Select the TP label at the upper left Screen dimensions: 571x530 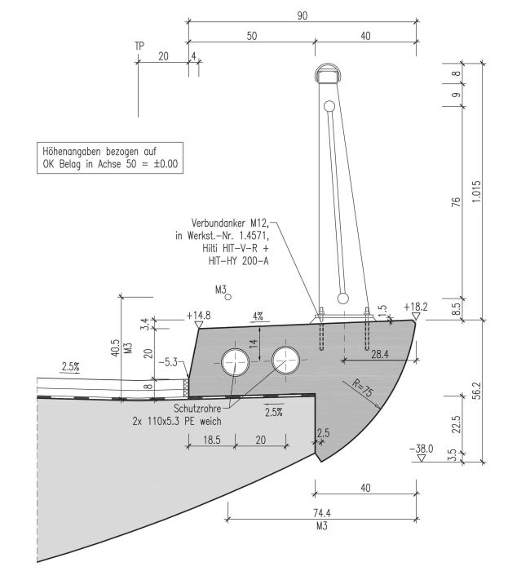pyautogui.click(x=139, y=46)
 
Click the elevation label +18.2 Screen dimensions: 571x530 pyautogui.click(x=415, y=307)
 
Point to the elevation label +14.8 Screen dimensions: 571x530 pyautogui.click(x=198, y=314)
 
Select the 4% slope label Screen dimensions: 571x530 pyautogui.click(x=258, y=315)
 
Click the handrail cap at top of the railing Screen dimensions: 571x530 pyautogui.click(x=327, y=75)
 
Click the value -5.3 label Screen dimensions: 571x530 pyautogui.click(x=170, y=360)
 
